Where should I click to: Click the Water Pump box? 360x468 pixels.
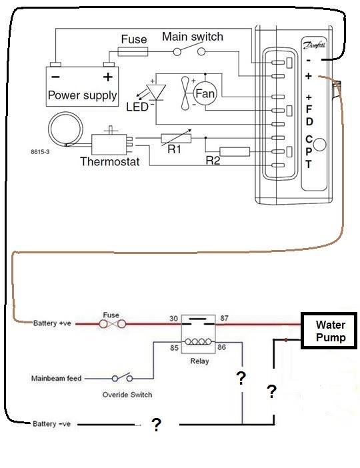click(x=331, y=331)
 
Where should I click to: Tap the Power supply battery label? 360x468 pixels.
click(x=82, y=95)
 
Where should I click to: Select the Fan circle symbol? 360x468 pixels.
click(x=205, y=94)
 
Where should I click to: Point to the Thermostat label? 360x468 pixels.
click(x=109, y=161)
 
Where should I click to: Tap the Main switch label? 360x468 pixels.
click(x=193, y=36)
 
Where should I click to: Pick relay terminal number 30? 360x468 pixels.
click(x=174, y=319)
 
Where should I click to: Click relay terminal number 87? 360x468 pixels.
click(x=224, y=319)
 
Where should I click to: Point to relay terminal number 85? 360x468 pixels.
click(x=174, y=347)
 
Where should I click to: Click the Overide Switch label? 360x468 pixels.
click(x=127, y=395)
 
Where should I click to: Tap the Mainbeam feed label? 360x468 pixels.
click(x=56, y=378)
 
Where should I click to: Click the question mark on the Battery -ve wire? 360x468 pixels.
click(x=155, y=425)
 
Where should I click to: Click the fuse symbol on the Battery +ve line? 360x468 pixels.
click(x=111, y=324)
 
